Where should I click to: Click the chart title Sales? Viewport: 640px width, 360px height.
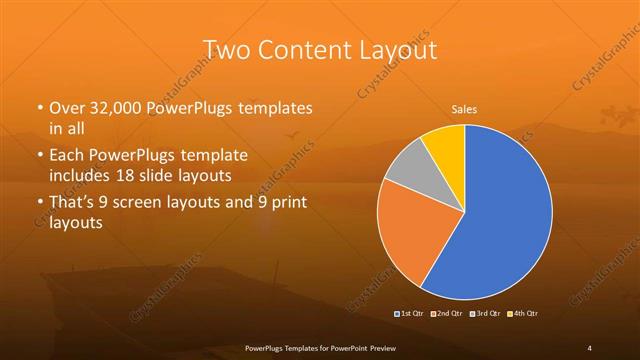coord(465,109)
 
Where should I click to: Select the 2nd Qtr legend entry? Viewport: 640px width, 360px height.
coord(447,314)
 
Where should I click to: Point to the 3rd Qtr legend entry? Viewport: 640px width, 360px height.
coord(483,314)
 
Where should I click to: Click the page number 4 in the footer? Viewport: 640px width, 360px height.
coord(590,347)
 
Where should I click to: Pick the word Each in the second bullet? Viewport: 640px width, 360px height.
coord(69,156)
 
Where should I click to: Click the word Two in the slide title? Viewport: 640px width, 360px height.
coord(223,50)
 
